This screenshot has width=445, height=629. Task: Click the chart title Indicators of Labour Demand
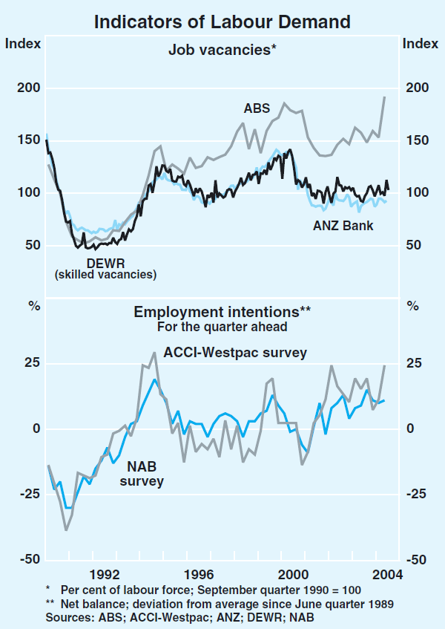coord(222,22)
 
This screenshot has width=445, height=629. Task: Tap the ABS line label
coord(257,108)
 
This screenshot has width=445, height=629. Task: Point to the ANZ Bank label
coord(343,225)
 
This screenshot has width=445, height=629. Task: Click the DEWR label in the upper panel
coord(105,263)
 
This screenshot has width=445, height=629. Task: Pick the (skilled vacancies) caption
coord(105,275)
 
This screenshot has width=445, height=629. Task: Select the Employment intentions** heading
coord(222,312)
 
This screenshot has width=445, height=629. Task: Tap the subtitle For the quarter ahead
coord(222,326)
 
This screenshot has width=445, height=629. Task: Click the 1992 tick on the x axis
coord(105,574)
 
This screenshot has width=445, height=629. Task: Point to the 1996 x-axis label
coord(200,574)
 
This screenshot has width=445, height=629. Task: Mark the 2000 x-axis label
coord(294,574)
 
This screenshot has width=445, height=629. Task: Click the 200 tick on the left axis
coord(27,88)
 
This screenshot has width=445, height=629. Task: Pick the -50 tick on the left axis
coord(28,560)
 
